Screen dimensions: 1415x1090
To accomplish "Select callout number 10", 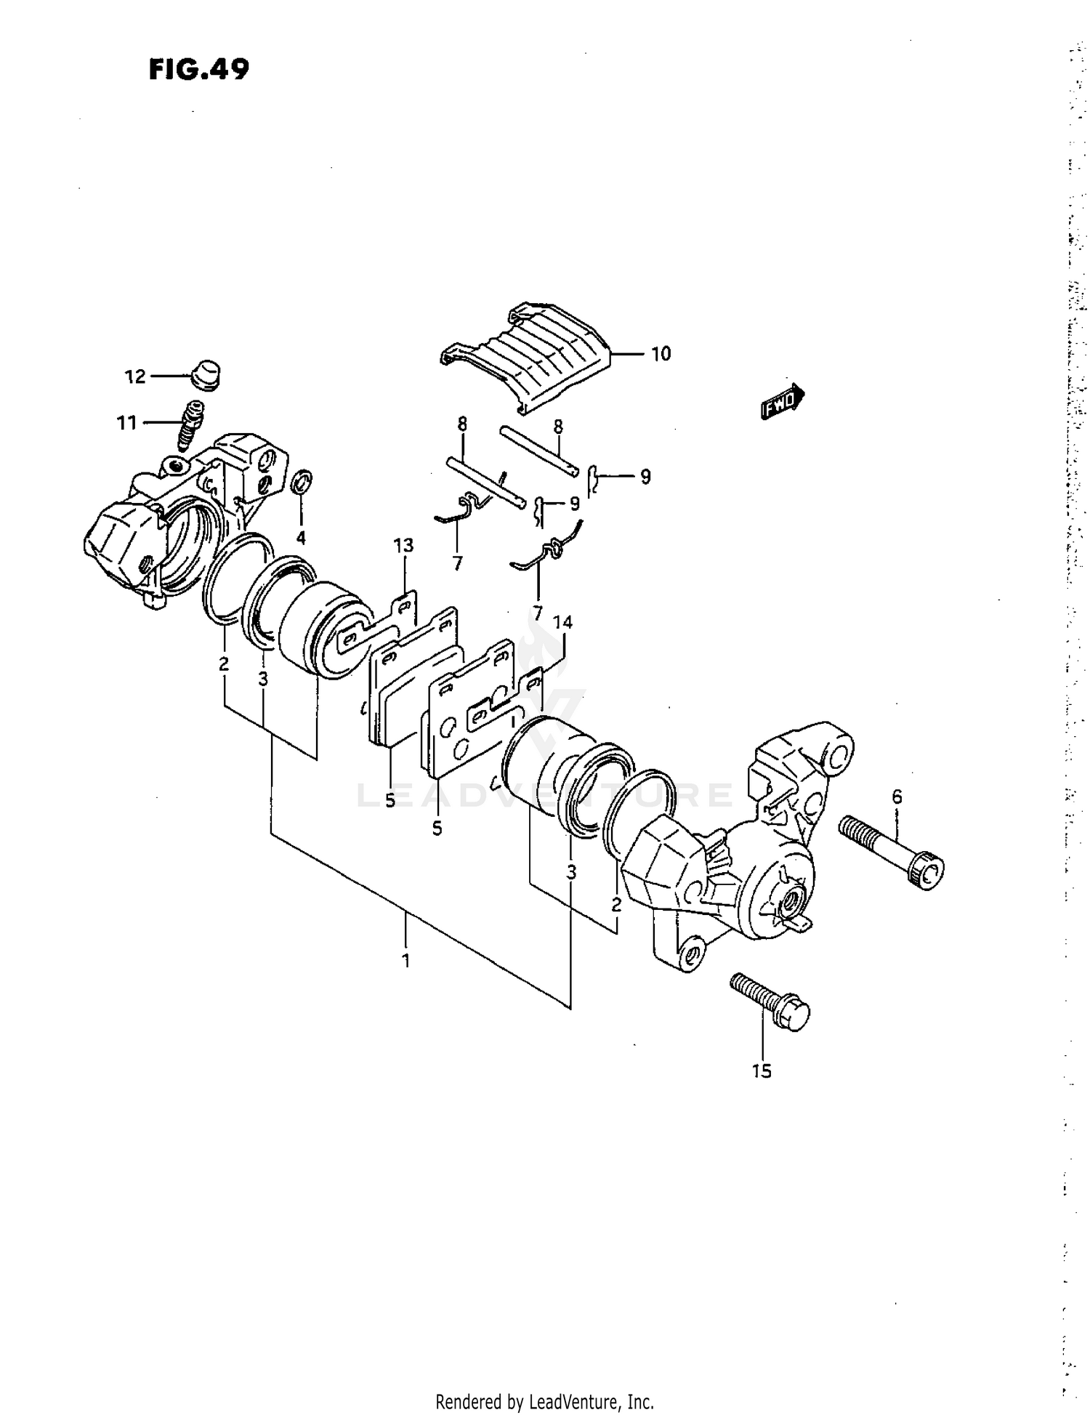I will (661, 354).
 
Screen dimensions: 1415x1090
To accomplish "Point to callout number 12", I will (135, 376).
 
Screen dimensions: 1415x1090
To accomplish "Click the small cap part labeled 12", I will (205, 374).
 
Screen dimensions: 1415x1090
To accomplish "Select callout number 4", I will (300, 538).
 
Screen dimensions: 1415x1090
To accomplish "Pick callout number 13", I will (403, 545).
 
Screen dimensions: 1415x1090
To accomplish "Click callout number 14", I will (562, 623).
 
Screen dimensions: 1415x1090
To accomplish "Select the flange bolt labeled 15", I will (770, 1003).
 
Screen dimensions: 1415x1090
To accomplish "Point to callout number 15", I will (762, 1071).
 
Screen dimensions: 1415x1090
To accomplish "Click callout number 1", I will (405, 961).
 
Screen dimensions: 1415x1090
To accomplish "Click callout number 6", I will (897, 797).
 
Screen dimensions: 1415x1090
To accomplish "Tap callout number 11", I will (127, 422).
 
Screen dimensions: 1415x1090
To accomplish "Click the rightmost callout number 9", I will (645, 477).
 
